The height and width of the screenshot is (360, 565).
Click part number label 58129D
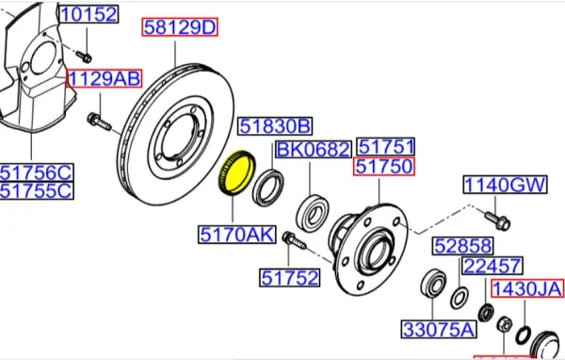click(x=179, y=28)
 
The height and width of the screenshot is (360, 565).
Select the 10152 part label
click(x=89, y=14)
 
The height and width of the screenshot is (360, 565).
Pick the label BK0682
click(x=314, y=150)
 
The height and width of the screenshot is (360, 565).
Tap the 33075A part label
click(x=439, y=330)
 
